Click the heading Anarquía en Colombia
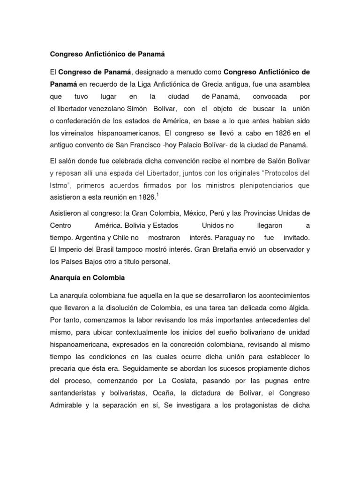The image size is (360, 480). coord(88,277)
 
